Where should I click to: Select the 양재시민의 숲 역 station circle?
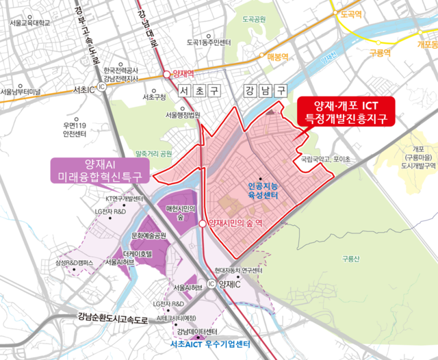(202, 224)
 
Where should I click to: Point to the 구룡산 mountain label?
(348, 259)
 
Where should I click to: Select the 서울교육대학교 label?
(31, 23)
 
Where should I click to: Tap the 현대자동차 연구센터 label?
(238, 270)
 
